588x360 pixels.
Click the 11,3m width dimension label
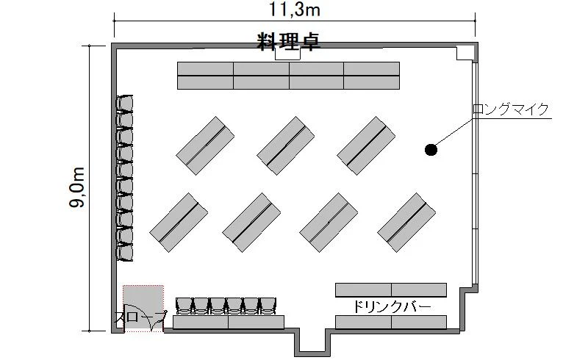[295, 10]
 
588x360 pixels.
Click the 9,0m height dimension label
[77, 187]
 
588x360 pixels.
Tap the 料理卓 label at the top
[288, 41]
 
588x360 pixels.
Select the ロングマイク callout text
[511, 109]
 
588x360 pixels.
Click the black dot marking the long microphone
[431, 150]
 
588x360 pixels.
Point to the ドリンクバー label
[392, 307]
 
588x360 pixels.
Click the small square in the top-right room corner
[465, 52]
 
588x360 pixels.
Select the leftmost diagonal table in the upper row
[205, 145]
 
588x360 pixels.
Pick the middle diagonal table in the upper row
[286, 145]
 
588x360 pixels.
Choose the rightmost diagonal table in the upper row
[366, 145]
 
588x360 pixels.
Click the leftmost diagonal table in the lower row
[179, 223]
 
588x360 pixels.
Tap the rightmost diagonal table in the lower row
[406, 223]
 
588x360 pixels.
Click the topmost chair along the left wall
[124, 104]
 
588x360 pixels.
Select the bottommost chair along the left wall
[124, 252]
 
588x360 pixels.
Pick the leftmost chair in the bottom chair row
[184, 306]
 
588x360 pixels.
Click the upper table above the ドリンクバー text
[391, 290]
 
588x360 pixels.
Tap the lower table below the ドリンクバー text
[391, 322]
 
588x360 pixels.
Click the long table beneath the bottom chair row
[229, 322]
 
